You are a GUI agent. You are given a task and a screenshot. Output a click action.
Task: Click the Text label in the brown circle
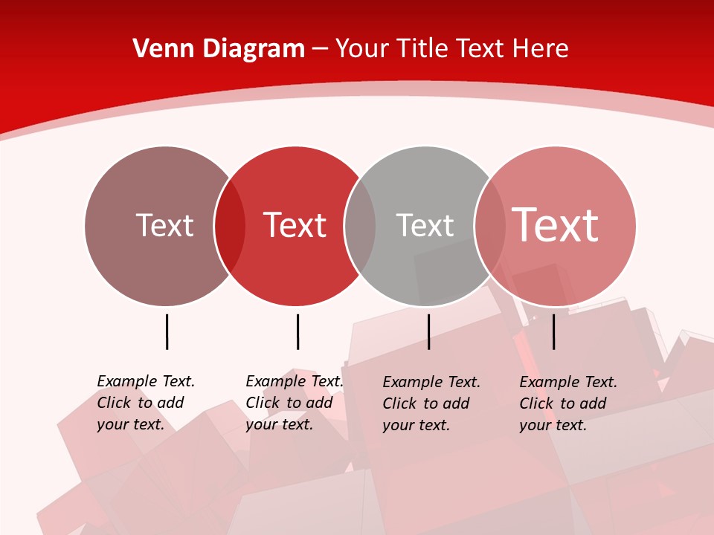click(x=164, y=225)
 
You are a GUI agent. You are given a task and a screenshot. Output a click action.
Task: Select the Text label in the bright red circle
click(x=295, y=225)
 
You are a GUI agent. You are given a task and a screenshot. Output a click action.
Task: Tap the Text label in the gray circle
click(x=425, y=225)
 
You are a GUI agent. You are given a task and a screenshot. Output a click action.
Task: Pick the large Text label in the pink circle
click(x=555, y=225)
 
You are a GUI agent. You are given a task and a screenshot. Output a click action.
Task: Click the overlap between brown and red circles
click(x=230, y=226)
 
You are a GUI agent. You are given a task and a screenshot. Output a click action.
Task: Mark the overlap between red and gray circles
click(x=360, y=226)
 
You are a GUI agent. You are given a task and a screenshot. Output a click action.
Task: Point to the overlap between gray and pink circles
click(x=490, y=226)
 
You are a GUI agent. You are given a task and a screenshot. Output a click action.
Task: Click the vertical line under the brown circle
click(x=167, y=331)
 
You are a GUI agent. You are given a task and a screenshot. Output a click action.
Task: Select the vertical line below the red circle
click(x=297, y=331)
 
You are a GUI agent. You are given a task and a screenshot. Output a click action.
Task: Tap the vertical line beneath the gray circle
click(x=428, y=331)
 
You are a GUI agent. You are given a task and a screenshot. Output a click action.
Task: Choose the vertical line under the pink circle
click(x=553, y=331)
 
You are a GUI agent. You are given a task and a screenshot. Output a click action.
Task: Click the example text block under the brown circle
click(x=146, y=403)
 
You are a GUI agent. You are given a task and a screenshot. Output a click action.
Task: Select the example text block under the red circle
click(x=295, y=403)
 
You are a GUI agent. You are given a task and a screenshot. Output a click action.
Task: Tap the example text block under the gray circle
click(x=431, y=403)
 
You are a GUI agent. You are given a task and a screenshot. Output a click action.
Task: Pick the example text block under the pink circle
click(x=568, y=403)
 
